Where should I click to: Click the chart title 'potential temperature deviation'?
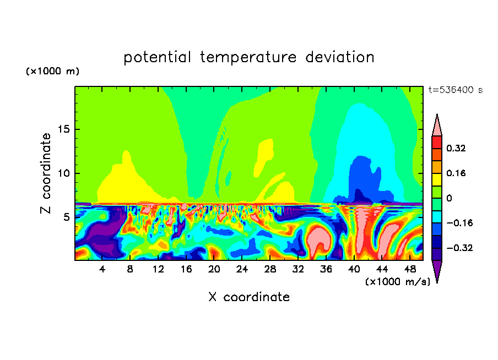tap(249, 57)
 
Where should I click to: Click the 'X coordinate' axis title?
tap(249, 297)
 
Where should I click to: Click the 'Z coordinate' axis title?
tap(46, 173)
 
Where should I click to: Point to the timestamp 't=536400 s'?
tap(455, 90)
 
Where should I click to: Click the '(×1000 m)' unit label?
tap(52, 72)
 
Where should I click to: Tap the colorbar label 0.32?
tap(456, 149)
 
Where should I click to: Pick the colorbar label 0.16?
tap(456, 173)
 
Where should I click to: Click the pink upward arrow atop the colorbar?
tap(437, 125)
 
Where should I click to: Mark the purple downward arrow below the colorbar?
tap(437, 271)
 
